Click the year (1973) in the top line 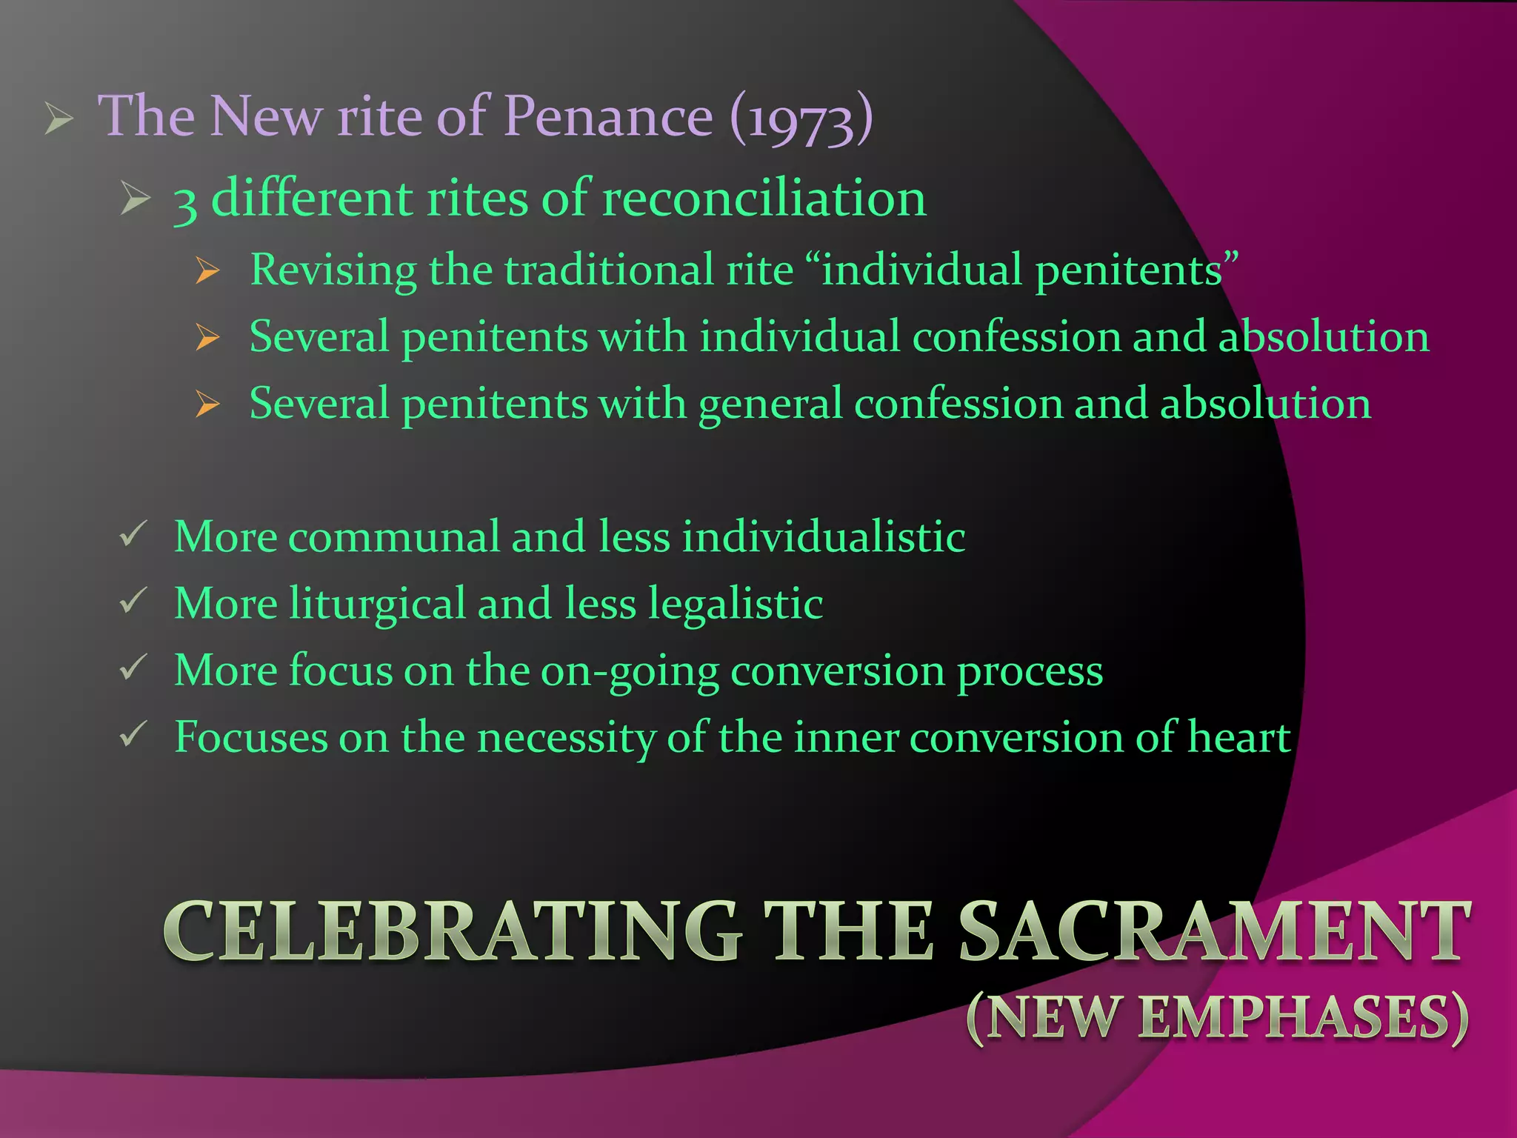point(801,119)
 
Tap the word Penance point(608,117)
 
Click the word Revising point(333,270)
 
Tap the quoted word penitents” point(1136,270)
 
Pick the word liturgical point(377,604)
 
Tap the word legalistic point(736,604)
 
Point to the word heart point(1239,738)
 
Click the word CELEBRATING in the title point(452,931)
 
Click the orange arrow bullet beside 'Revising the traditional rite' point(208,271)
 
